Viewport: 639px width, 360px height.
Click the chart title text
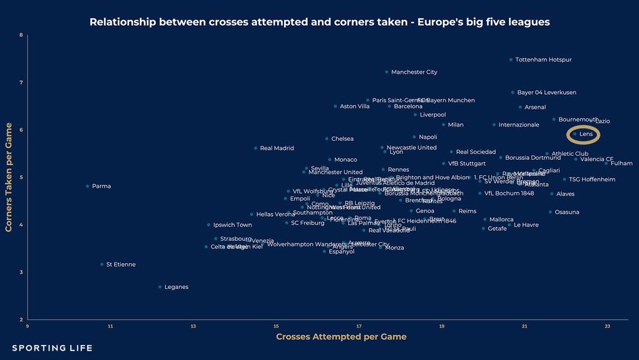point(319,22)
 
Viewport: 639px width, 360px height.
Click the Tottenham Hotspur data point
point(511,60)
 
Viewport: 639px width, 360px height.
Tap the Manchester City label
point(414,72)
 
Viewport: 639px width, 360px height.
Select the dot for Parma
point(88,186)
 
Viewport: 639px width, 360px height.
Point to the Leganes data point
point(160,287)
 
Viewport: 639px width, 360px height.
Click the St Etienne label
point(121,265)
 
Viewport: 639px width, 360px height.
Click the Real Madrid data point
point(256,148)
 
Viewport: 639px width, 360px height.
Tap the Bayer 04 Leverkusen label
point(546,93)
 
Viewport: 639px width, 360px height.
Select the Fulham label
point(621,163)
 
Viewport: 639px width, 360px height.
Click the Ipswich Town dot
point(209,225)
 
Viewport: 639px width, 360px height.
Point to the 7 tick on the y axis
point(21,83)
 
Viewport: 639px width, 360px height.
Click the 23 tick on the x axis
point(607,326)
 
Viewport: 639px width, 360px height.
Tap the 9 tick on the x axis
point(28,326)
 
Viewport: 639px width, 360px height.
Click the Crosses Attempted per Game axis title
point(341,337)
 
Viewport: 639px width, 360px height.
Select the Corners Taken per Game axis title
point(9,177)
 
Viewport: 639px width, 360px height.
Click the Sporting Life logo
point(52,348)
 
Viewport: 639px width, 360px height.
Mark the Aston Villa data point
point(335,106)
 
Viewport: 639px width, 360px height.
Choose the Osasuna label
point(567,212)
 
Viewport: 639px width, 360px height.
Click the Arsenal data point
point(520,107)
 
